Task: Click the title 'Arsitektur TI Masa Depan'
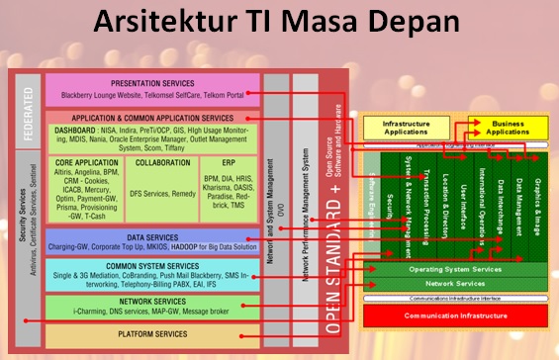click(278, 25)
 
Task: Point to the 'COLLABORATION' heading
click(163, 161)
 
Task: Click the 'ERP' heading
click(229, 161)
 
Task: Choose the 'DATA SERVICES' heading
click(152, 238)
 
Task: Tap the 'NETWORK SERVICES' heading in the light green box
click(152, 301)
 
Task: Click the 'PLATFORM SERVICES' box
click(153, 334)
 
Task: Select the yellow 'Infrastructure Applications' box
click(394, 127)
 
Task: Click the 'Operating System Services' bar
click(455, 270)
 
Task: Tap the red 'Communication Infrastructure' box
click(455, 316)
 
